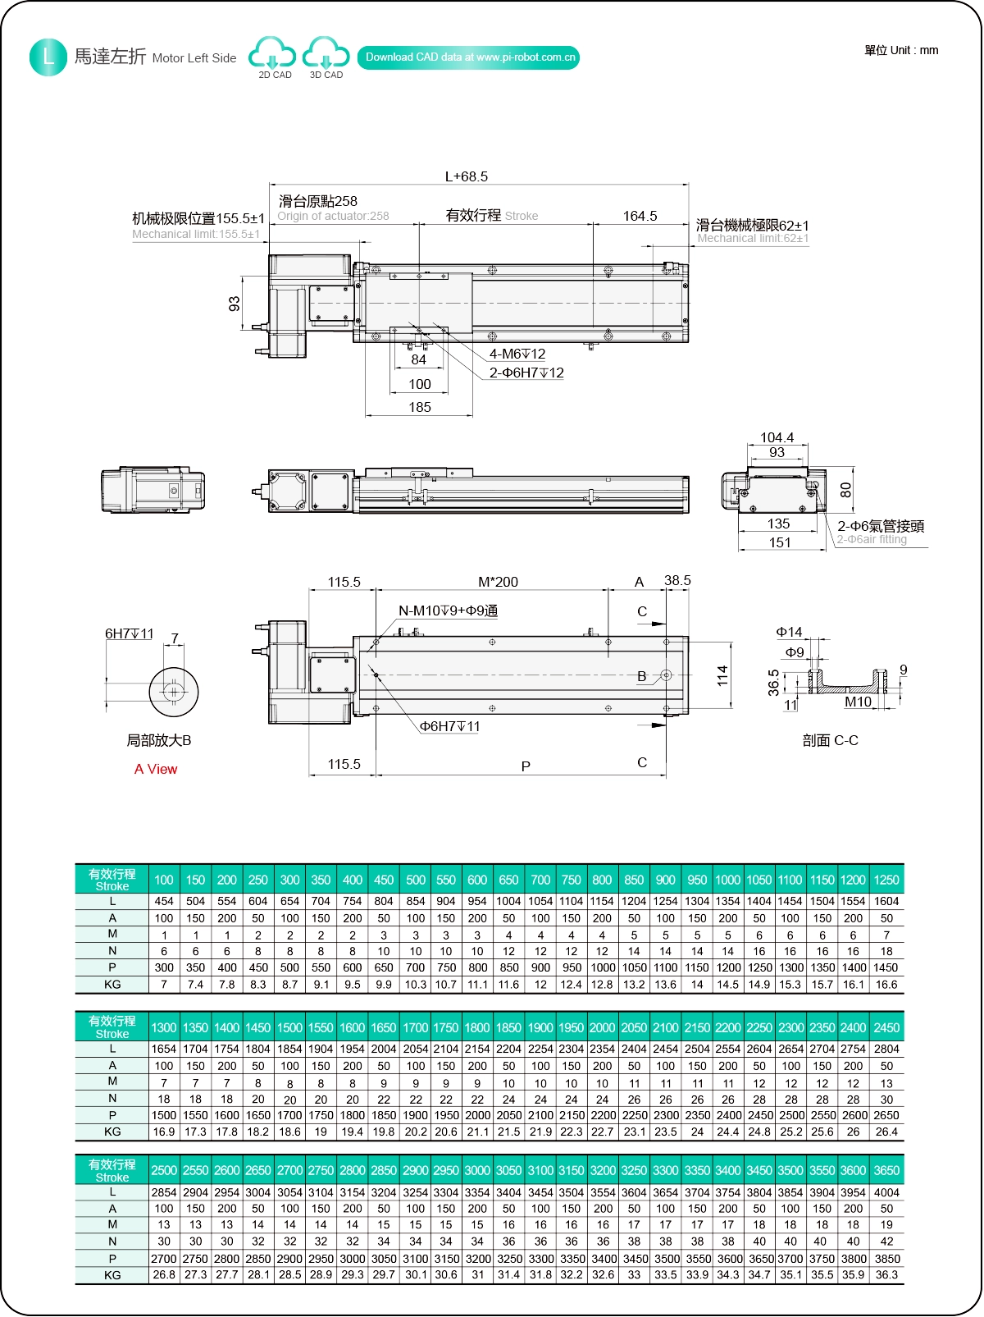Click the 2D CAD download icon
[273, 55]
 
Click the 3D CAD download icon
[326, 55]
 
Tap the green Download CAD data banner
[468, 57]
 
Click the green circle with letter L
[48, 57]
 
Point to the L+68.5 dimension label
[466, 176]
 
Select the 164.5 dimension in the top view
[640, 216]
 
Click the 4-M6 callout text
[517, 354]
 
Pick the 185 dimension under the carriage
[419, 407]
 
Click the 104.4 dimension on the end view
[777, 437]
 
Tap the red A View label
[156, 769]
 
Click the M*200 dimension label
[498, 582]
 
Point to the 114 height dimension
[722, 675]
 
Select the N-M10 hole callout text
[448, 610]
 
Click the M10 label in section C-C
[858, 702]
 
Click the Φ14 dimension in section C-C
[789, 632]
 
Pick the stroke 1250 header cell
[886, 880]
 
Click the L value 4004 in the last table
[886, 1192]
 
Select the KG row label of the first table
[112, 985]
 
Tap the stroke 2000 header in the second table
[602, 1027]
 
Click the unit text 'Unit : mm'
[901, 50]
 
